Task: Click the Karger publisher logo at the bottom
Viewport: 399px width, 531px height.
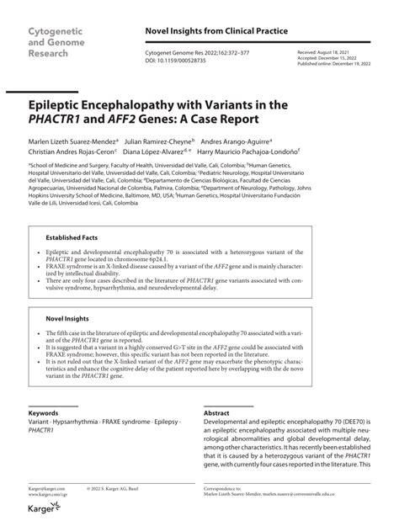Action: (x=42, y=522)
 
